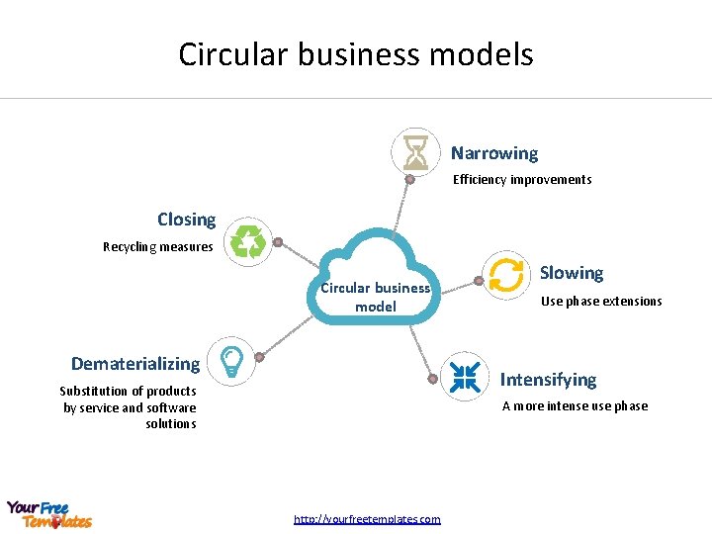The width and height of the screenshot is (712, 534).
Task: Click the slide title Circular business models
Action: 356,53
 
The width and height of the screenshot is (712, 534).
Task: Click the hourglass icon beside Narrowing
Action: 415,152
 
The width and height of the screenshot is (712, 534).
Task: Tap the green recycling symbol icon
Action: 249,241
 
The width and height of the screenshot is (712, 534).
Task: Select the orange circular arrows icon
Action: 506,275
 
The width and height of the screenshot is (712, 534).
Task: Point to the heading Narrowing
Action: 494,153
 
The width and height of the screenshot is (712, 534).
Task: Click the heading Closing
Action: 186,220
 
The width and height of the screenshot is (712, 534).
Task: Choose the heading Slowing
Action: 572,273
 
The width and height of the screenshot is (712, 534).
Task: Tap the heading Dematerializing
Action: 135,364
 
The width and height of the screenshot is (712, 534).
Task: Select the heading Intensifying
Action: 549,380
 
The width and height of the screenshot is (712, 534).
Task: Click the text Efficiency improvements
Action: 522,180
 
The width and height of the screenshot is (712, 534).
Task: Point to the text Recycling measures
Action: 158,246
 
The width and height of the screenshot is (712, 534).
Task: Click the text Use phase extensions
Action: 601,302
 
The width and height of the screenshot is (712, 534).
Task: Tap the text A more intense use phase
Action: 575,405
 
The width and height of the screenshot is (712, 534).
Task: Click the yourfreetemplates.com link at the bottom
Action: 367,519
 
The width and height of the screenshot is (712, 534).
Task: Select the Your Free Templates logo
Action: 48,514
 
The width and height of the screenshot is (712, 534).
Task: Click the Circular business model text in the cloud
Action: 375,297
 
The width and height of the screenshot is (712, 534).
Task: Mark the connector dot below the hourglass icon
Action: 409,180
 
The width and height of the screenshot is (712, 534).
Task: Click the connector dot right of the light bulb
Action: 259,357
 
